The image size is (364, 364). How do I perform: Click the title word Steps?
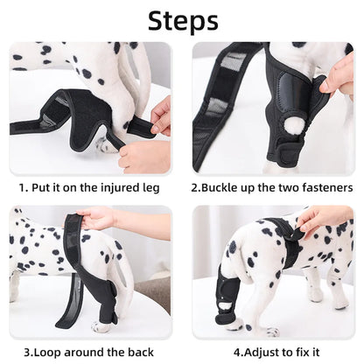tap(181, 20)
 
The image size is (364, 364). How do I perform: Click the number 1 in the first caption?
tap(23, 187)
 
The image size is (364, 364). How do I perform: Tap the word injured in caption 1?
tap(120, 187)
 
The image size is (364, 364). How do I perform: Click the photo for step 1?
tap(90, 108)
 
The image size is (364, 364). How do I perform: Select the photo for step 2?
tap(273, 108)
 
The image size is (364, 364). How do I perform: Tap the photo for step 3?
tap(90, 272)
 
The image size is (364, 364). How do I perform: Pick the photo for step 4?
tap(273, 272)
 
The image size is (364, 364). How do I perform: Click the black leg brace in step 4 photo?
tap(228, 297)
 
